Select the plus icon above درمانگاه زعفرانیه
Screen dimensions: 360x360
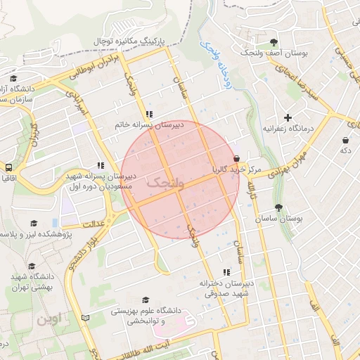coord(287,117)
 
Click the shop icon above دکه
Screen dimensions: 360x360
coord(345,140)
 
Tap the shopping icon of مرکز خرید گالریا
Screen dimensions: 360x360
coord(237,159)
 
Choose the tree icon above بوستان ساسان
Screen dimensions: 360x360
coord(279,207)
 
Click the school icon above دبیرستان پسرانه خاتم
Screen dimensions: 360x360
coord(149,113)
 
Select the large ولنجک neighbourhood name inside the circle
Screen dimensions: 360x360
coord(166,183)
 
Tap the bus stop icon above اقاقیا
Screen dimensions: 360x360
coord(9,168)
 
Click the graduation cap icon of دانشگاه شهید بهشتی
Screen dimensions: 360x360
coord(31,266)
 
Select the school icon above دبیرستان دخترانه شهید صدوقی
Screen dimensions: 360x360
coord(226,271)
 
